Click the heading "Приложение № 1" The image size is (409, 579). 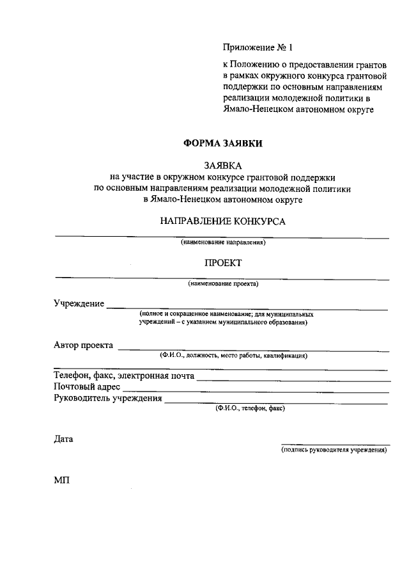(x=257, y=47)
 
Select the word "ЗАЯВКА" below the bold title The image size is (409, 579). (x=222, y=165)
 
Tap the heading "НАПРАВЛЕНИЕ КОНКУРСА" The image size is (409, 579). (x=222, y=221)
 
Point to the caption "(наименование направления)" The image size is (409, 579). (x=222, y=242)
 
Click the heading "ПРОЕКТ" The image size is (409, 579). (x=222, y=262)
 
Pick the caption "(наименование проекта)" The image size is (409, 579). (x=222, y=283)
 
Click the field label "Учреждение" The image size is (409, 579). (x=79, y=303)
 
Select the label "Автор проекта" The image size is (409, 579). (x=83, y=345)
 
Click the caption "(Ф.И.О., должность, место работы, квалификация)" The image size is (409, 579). (x=234, y=355)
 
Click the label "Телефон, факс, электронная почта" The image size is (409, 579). (x=124, y=376)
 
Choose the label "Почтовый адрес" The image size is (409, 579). (x=87, y=387)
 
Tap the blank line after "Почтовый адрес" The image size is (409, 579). (x=256, y=392)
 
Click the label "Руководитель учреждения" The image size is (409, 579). (x=107, y=399)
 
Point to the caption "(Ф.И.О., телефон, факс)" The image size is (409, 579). (x=251, y=408)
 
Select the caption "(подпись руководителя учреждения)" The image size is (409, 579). (x=335, y=450)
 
